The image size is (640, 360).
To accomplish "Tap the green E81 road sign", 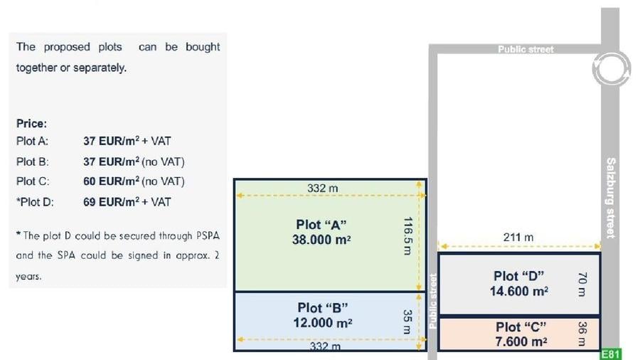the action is pos(611,354).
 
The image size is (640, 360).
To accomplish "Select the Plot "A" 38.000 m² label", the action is pos(321,232).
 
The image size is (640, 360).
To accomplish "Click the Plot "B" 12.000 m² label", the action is pos(322,315).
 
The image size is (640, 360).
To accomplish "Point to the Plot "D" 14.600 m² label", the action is pos(519,283).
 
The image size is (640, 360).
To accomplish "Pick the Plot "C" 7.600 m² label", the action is pos(521,334).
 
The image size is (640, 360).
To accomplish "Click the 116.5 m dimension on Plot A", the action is pos(407,236).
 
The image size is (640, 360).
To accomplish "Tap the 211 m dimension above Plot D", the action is pos(518,237).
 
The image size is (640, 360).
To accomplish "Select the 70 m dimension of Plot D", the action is pos(582,284).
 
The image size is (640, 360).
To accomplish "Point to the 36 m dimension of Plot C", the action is pos(582,334).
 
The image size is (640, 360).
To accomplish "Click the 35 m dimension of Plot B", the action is pos(407,321).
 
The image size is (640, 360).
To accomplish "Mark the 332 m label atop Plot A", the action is pos(322,188).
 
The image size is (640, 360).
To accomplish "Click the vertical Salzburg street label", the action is pos(611,198).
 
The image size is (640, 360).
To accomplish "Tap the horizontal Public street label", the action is pos(526,49).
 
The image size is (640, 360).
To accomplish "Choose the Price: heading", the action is pos(31,123).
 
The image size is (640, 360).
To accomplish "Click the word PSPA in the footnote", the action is pos(208,235).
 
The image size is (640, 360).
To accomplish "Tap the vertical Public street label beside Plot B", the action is pos(432,301).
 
